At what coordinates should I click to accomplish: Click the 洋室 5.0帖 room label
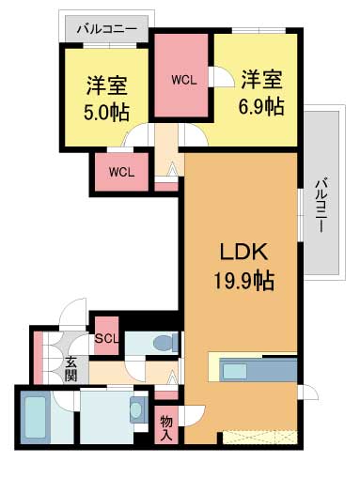[107, 97]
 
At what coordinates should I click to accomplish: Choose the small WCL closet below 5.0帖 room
[120, 171]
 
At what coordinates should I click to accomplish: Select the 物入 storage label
[166, 426]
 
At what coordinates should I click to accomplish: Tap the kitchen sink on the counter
[235, 370]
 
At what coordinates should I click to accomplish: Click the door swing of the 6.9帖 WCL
[221, 79]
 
